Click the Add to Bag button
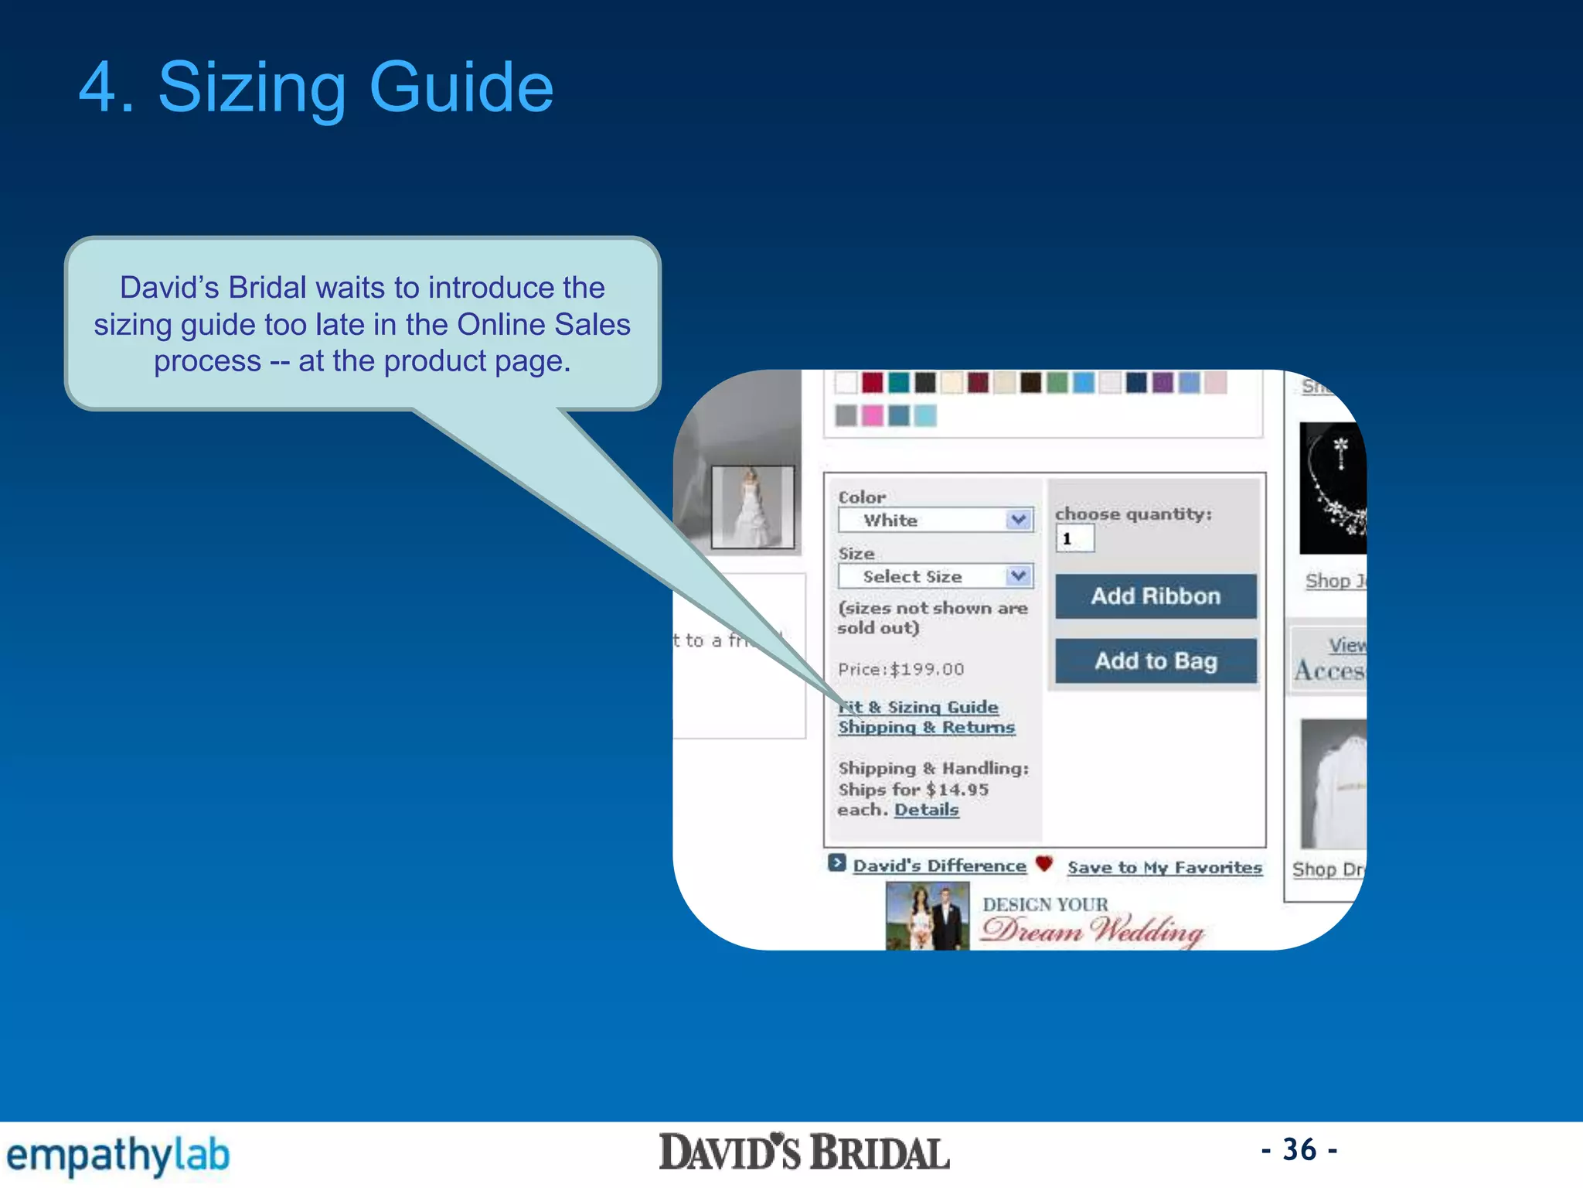coord(1156,661)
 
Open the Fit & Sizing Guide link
coord(919,707)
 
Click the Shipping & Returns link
coord(926,727)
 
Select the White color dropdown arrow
coord(1019,520)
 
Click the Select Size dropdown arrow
coord(1019,576)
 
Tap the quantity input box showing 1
coord(1074,538)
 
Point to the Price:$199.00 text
coord(901,669)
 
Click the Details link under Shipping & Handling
coord(926,810)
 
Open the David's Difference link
coord(939,866)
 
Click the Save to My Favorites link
coord(1164,868)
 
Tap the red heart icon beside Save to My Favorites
coord(1044,864)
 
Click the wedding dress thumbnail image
coord(752,507)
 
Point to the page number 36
coord(1299,1149)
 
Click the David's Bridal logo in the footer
coord(804,1152)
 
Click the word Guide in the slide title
coord(461,87)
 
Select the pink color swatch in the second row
coord(873,416)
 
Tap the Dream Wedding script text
coord(1092,930)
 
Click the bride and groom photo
coord(927,917)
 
